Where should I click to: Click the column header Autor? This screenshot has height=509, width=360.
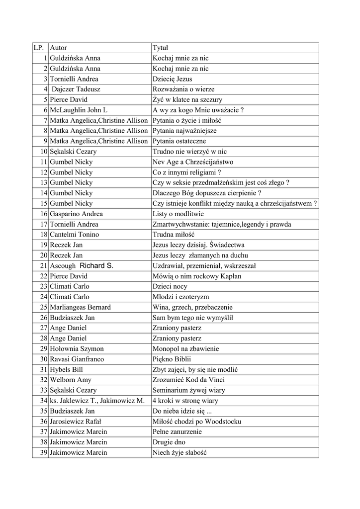click(x=59, y=48)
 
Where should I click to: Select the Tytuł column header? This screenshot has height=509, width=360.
click(x=161, y=48)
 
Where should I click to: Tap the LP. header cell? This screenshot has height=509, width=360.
click(x=39, y=48)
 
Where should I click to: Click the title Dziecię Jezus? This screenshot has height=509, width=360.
click(x=172, y=79)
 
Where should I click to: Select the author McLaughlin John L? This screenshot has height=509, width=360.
click(x=79, y=110)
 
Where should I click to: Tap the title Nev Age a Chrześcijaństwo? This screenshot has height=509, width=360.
click(x=193, y=162)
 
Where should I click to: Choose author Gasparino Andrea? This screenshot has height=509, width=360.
click(x=76, y=214)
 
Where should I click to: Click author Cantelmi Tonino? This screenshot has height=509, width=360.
click(x=74, y=235)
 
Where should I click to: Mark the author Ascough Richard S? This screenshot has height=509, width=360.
click(x=82, y=265)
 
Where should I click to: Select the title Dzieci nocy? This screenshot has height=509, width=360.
click(x=170, y=286)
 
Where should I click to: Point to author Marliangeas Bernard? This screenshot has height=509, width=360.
click(x=80, y=307)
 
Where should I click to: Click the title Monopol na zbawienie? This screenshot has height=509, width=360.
click(x=185, y=348)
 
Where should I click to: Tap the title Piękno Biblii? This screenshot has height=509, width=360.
click(x=172, y=359)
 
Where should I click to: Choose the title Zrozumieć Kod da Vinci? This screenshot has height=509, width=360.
click(x=186, y=380)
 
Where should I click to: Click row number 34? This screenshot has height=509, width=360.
click(x=44, y=401)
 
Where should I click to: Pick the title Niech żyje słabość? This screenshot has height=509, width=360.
click(x=179, y=452)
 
